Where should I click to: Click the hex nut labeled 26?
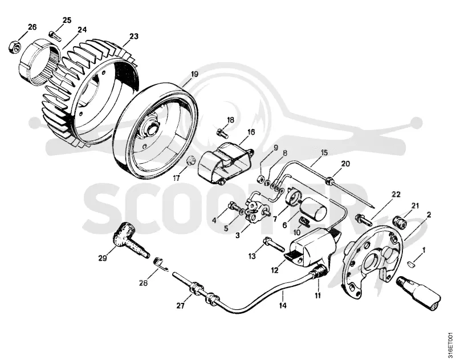click(x=14, y=47)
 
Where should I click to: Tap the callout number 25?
click(x=67, y=20)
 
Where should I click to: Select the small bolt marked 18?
click(x=222, y=132)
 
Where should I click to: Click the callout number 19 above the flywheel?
click(x=194, y=74)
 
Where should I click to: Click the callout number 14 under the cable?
click(x=282, y=305)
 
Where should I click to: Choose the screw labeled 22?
click(x=364, y=220)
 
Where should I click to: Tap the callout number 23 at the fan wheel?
click(x=134, y=37)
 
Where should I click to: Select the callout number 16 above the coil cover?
click(x=251, y=132)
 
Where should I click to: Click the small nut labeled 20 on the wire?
click(x=329, y=179)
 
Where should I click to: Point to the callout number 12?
click(x=275, y=270)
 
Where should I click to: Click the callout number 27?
click(x=180, y=306)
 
